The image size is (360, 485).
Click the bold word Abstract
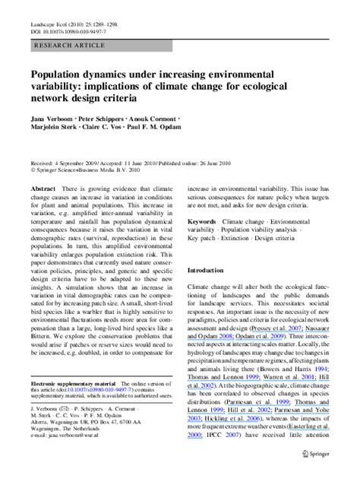tap(43, 185)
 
